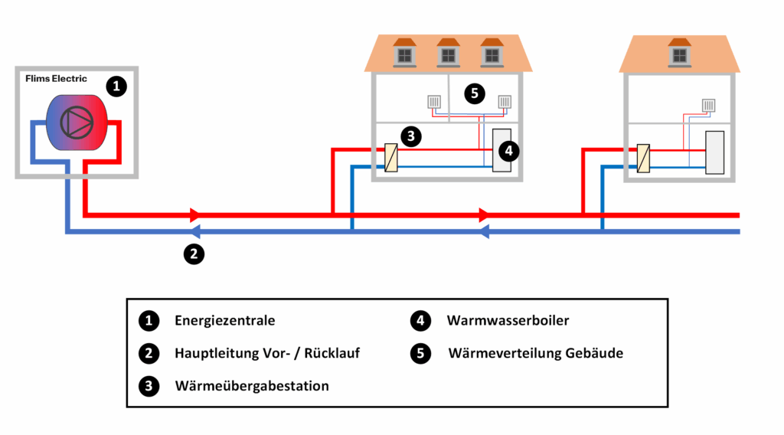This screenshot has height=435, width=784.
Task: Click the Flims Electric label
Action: tap(56, 79)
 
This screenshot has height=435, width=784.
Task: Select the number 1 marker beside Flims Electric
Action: tap(116, 87)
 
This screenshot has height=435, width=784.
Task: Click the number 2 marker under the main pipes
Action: tap(194, 253)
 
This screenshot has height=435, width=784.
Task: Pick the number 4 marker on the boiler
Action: tap(506, 150)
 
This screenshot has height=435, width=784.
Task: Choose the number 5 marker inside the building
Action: tap(474, 94)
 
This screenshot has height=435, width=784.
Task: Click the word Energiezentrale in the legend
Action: tap(224, 320)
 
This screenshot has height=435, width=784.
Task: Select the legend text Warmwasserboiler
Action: tap(508, 320)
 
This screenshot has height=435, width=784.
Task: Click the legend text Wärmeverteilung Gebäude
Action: tap(535, 353)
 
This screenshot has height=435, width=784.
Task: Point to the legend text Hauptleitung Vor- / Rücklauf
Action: tap(267, 353)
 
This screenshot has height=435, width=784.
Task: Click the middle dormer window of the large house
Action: tap(448, 53)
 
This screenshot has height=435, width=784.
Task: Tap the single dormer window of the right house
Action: tap(679, 53)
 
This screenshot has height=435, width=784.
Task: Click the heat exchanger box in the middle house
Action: tap(391, 159)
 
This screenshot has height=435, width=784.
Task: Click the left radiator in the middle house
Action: tap(434, 102)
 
